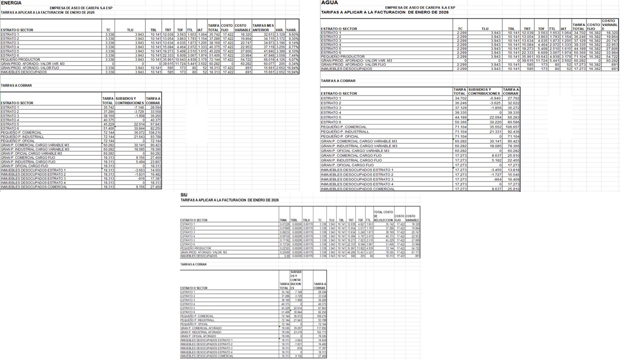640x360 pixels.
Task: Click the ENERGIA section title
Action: point(11,3)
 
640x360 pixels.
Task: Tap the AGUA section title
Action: point(329,3)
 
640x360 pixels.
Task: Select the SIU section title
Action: point(184,194)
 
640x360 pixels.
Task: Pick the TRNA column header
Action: point(284,220)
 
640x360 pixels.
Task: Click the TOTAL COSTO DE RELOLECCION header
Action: point(383,215)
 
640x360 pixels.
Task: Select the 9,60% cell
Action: point(293,34)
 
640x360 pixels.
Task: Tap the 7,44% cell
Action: point(293,55)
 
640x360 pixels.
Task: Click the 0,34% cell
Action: point(293,63)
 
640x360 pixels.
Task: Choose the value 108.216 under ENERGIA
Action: point(153,132)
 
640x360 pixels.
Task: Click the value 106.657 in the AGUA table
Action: point(510,126)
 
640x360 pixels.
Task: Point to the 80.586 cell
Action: point(511,122)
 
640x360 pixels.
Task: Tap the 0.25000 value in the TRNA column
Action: point(284,252)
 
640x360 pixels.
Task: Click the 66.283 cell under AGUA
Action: point(511,117)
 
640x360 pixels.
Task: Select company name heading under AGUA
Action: point(420,7)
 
